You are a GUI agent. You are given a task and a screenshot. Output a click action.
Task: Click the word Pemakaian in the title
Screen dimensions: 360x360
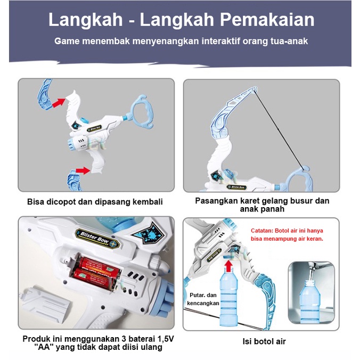(267, 20)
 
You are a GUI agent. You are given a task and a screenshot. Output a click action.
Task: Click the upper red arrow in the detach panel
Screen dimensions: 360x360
(59, 102)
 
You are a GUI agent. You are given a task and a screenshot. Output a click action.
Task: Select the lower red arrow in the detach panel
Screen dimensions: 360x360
(83, 170)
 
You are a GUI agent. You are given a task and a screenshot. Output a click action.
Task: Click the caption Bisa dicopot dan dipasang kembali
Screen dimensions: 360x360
(95, 202)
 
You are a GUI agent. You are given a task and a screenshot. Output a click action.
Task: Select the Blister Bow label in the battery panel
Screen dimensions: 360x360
(97, 238)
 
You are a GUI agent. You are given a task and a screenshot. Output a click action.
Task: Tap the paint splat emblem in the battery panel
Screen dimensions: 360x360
(149, 233)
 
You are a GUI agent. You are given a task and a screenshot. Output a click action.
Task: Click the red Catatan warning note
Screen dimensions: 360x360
(287, 235)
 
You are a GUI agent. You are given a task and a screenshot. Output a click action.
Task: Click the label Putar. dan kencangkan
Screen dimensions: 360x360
(203, 299)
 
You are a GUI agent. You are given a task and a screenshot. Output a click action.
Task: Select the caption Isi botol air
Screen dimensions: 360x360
(264, 341)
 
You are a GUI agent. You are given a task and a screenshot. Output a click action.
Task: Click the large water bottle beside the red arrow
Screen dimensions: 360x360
(229, 298)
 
